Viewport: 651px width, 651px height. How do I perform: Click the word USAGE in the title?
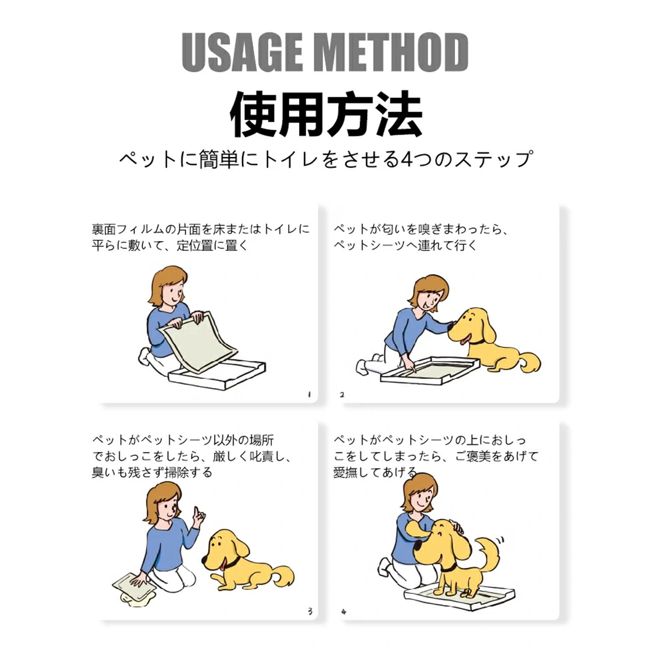pyautogui.click(x=242, y=52)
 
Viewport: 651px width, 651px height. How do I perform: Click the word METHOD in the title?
pyautogui.click(x=392, y=52)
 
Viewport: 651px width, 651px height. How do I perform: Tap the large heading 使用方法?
pyautogui.click(x=326, y=114)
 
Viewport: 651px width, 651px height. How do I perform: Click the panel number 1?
pyautogui.click(x=309, y=394)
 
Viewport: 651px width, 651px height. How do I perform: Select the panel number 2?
pyautogui.click(x=342, y=394)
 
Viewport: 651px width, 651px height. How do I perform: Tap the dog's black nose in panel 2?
pyautogui.click(x=451, y=328)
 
